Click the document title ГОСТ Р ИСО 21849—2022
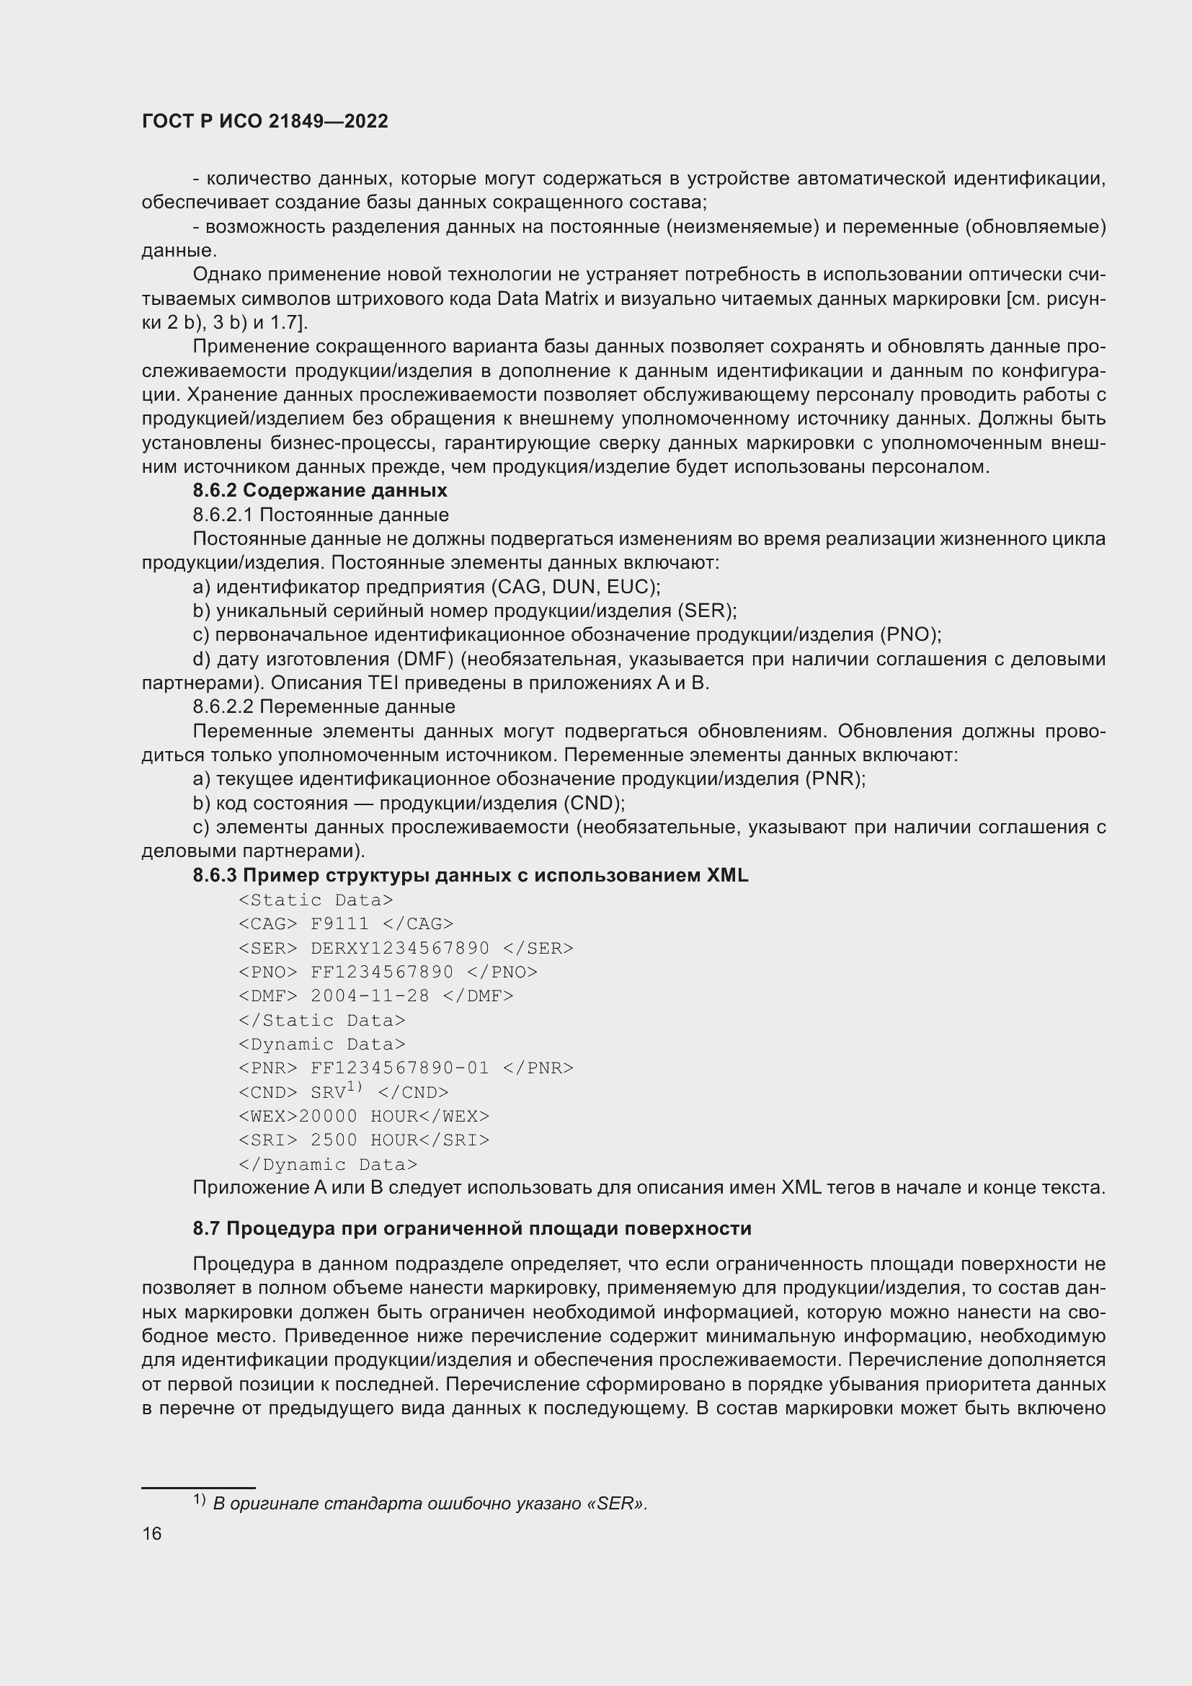pos(265,121)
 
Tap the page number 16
pos(152,1533)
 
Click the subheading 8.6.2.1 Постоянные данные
pos(321,514)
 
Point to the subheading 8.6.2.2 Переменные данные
pos(324,706)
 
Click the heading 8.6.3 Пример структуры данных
pos(471,874)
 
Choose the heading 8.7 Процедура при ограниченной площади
pos(472,1228)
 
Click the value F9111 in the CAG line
pos(340,923)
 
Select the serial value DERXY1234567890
pos(400,947)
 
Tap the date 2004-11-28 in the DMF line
pos(370,995)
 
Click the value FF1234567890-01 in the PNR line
pos(400,1067)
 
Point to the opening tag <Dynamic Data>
pos(322,1044)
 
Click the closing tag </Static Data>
pos(322,1019)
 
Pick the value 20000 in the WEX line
pos(328,1115)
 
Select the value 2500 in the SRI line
pos(334,1140)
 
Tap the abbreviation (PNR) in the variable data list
pos(835,778)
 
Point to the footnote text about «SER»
pos(430,1503)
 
